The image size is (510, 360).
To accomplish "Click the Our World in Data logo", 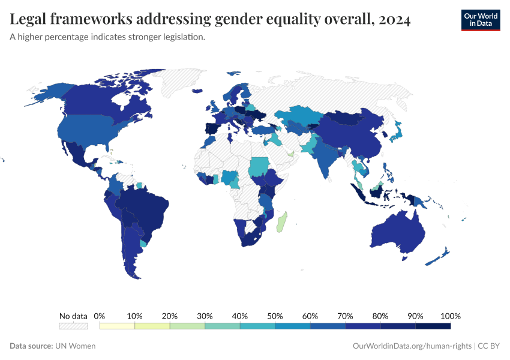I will (480, 20).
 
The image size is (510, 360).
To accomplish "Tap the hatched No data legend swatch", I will (73, 326).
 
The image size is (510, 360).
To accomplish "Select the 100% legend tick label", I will (450, 316).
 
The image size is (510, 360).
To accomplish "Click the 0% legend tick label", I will (100, 316).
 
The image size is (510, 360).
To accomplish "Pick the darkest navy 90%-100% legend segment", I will (433, 326).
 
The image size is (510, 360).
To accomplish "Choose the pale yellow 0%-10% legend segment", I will (117, 326).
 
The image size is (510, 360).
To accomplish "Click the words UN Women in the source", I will (75, 346).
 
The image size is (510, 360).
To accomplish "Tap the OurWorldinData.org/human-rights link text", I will (412, 346).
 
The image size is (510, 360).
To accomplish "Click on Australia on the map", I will (397, 232).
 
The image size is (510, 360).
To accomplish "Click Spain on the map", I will (211, 128).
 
